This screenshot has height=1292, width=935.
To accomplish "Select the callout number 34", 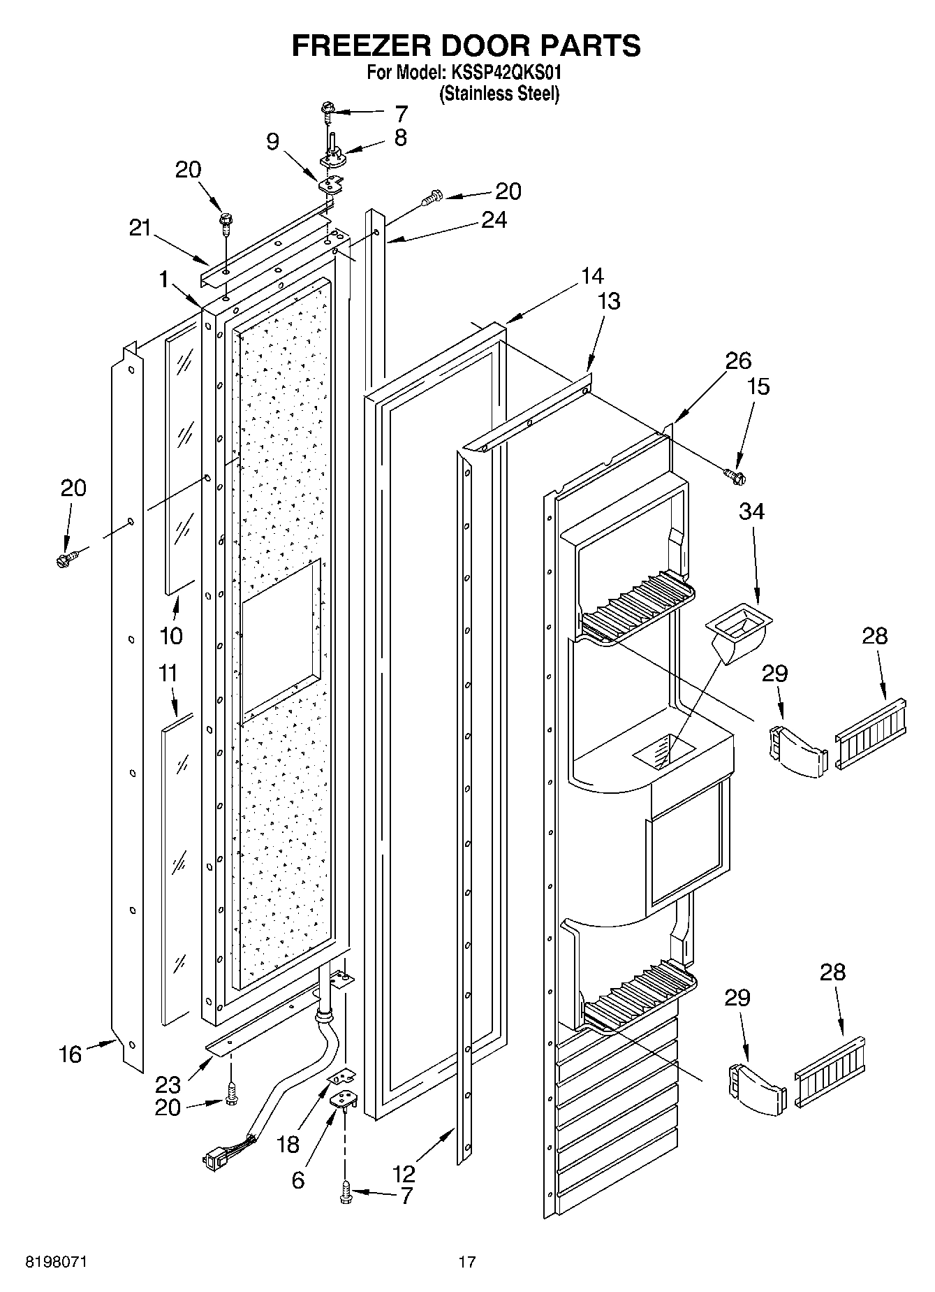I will pyautogui.click(x=751, y=511).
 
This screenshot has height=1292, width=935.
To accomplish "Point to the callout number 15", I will pyautogui.click(x=758, y=386).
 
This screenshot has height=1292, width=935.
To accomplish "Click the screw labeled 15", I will pyautogui.click(x=734, y=476).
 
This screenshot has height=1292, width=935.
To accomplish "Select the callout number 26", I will pyautogui.click(x=737, y=361).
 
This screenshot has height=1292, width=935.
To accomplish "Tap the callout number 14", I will pyautogui.click(x=591, y=276).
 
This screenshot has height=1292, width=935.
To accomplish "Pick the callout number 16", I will pyautogui.click(x=70, y=1054).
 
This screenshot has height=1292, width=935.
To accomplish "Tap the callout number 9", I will pyautogui.click(x=273, y=142).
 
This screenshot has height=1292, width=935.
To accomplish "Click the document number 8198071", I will pyautogui.click(x=57, y=1261).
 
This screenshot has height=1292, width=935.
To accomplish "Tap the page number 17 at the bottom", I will pyautogui.click(x=467, y=1261).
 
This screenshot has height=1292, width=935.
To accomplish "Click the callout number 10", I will pyautogui.click(x=171, y=635).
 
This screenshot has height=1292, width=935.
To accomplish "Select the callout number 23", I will pyautogui.click(x=168, y=1085).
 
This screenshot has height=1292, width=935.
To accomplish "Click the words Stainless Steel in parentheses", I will pyautogui.click(x=499, y=94).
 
